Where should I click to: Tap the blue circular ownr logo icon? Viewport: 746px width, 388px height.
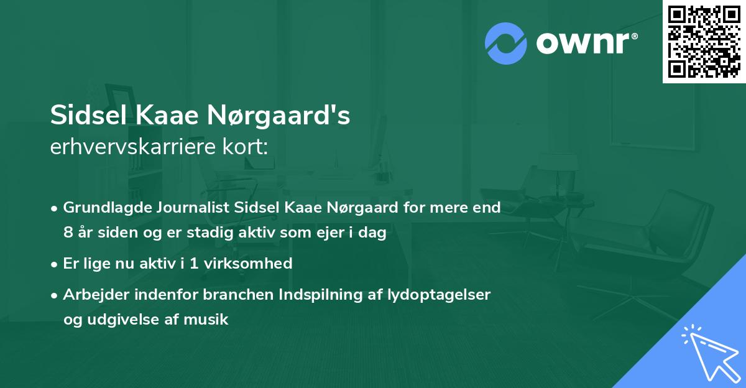(506, 43)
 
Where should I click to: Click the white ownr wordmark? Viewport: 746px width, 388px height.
(585, 43)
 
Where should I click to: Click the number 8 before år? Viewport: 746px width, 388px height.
(67, 233)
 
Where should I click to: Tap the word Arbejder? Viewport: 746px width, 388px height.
(94, 295)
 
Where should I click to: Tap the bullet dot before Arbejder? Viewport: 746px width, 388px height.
(55, 295)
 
